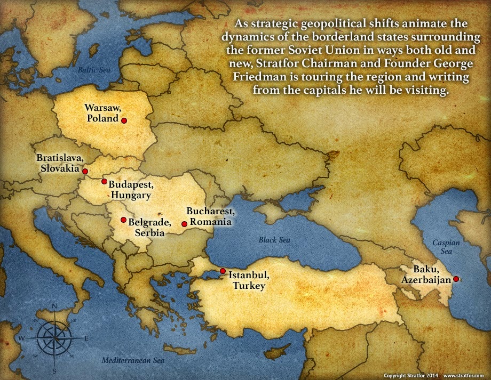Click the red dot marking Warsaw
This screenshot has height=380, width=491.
(x=124, y=121)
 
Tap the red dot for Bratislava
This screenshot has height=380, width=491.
(x=85, y=172)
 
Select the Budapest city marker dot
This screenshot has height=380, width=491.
(x=104, y=182)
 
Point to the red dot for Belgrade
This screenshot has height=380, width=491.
(x=123, y=220)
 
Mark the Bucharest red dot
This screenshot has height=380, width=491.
(x=184, y=224)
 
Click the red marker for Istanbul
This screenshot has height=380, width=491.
(x=223, y=271)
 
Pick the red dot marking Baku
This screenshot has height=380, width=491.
(x=456, y=279)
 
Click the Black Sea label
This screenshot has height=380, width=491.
(x=274, y=240)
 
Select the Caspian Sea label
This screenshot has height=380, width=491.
(x=442, y=246)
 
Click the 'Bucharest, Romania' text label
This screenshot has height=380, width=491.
(x=208, y=216)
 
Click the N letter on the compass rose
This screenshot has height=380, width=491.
(x=54, y=306)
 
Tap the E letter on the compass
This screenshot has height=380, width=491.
(x=86, y=338)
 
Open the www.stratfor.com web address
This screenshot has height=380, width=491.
(x=463, y=375)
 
